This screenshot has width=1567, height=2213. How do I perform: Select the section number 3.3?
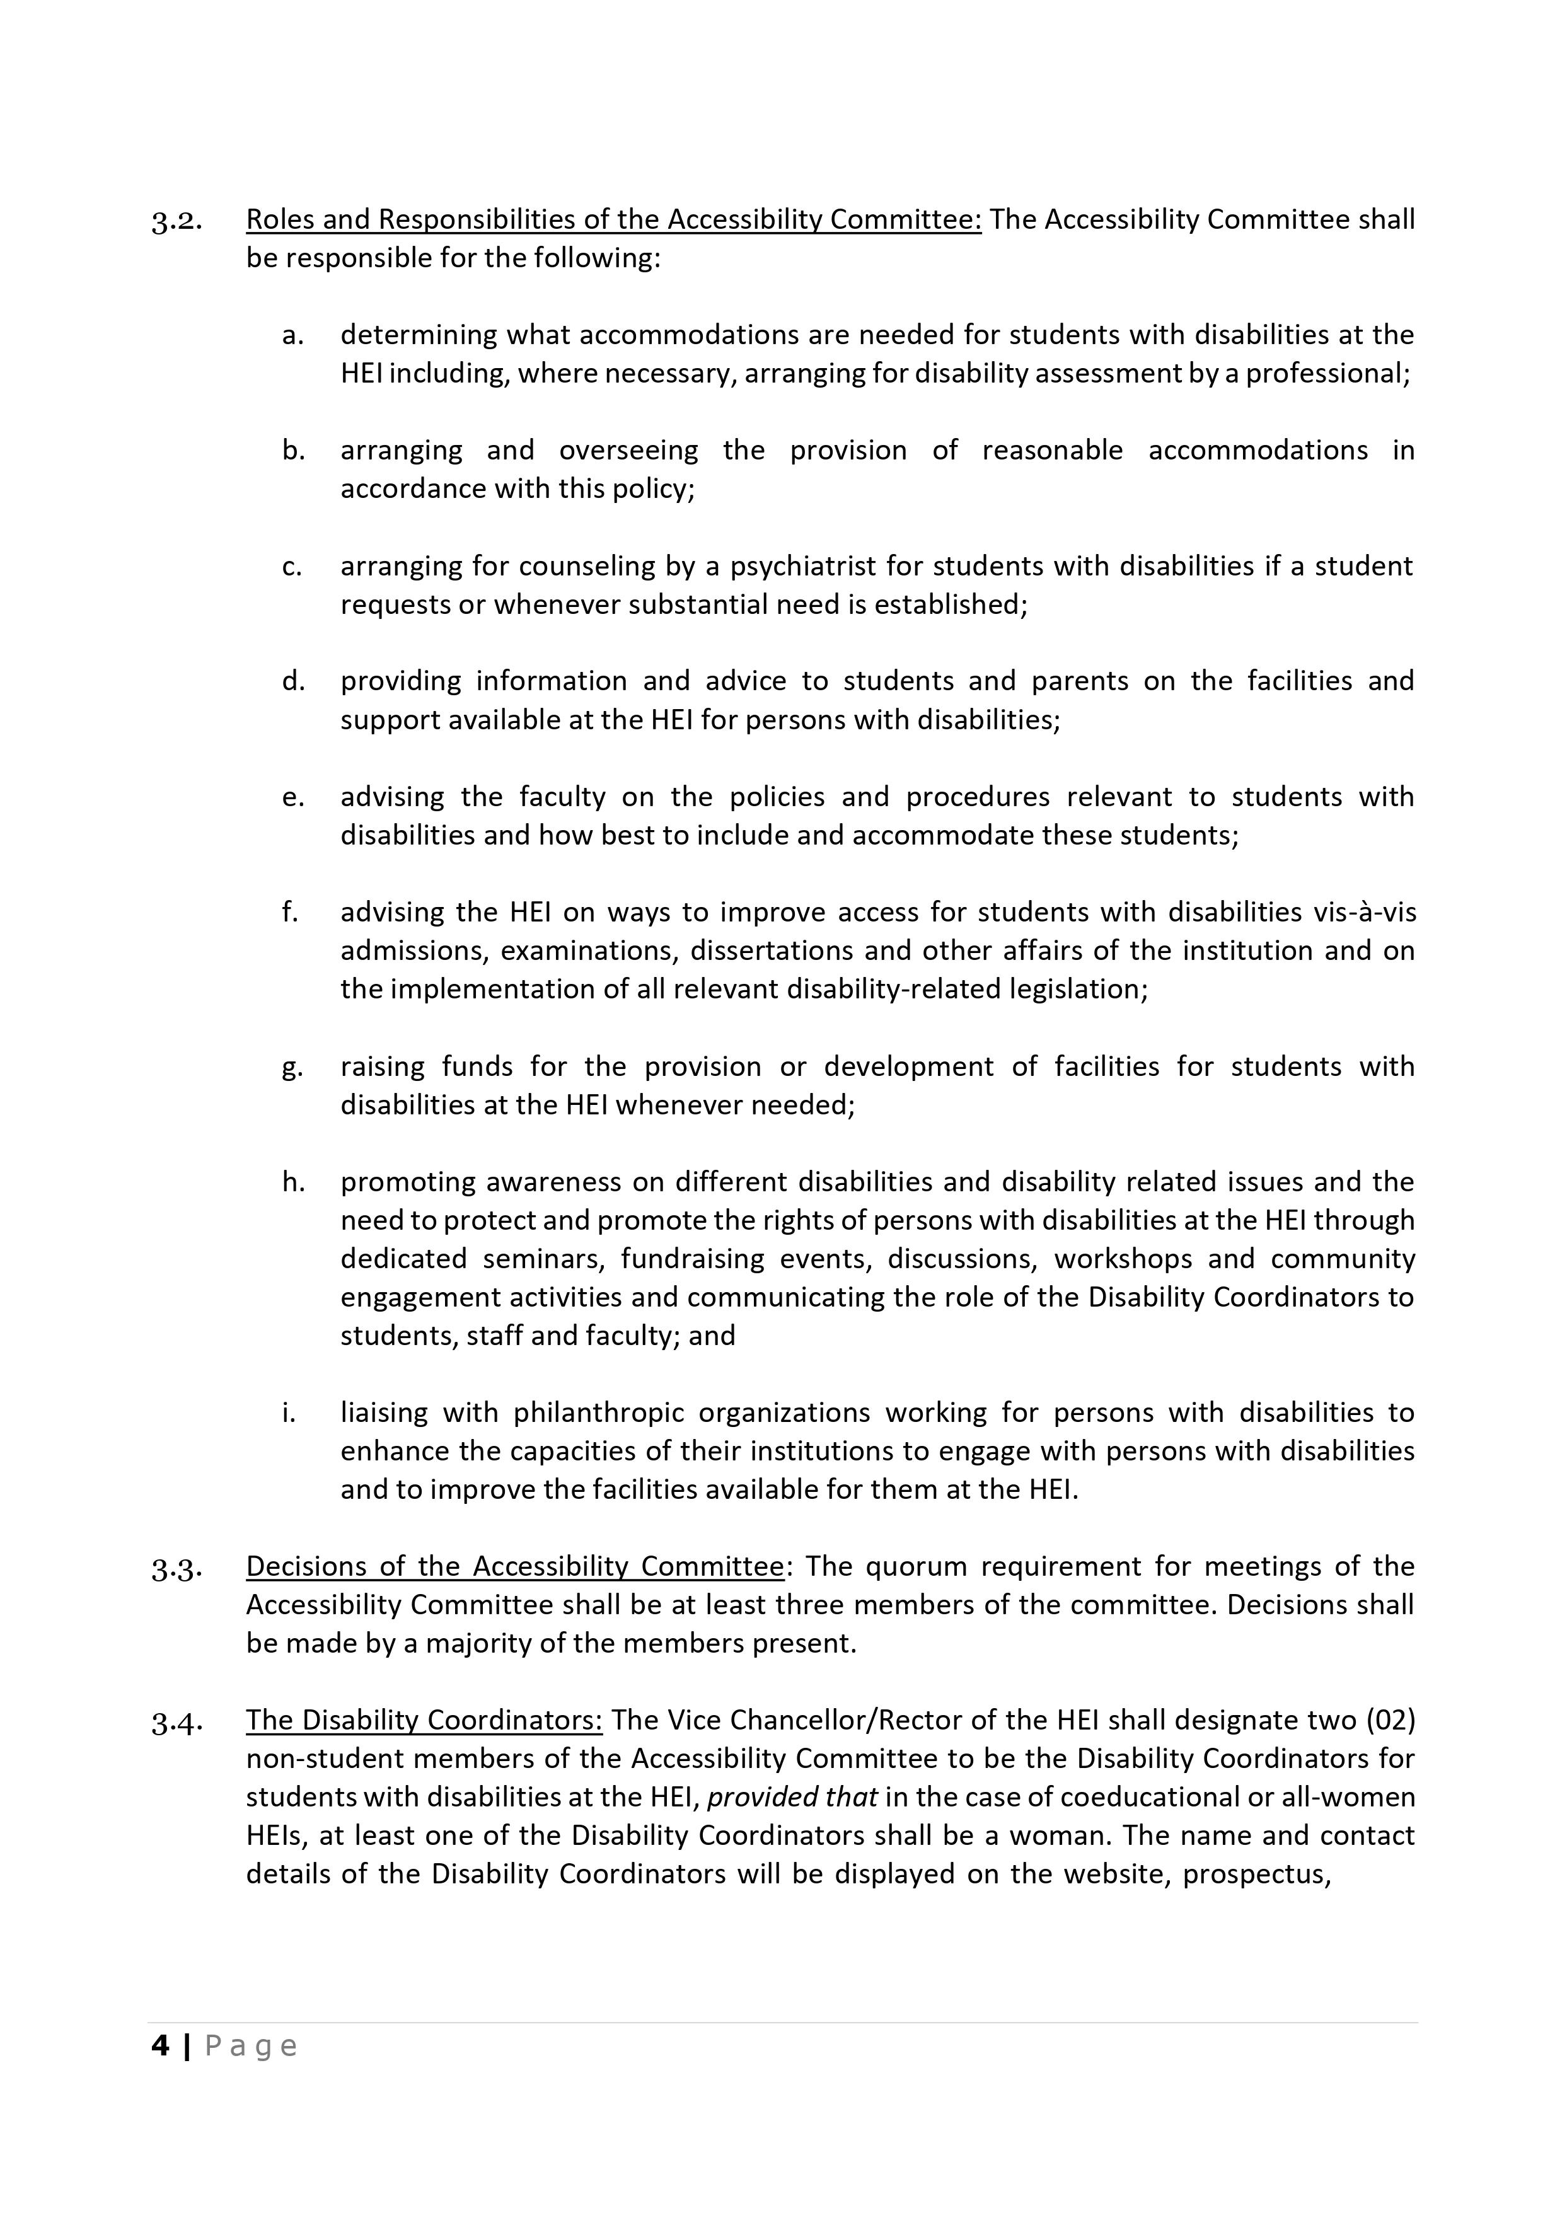[x=176, y=1569]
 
